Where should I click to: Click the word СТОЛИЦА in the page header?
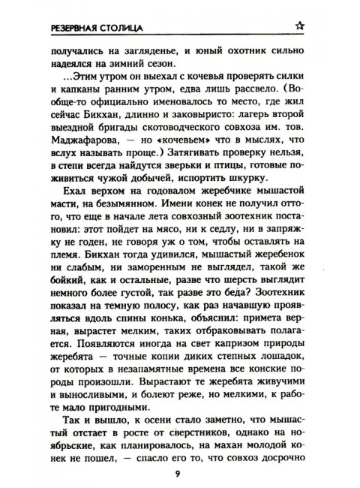(112, 28)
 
